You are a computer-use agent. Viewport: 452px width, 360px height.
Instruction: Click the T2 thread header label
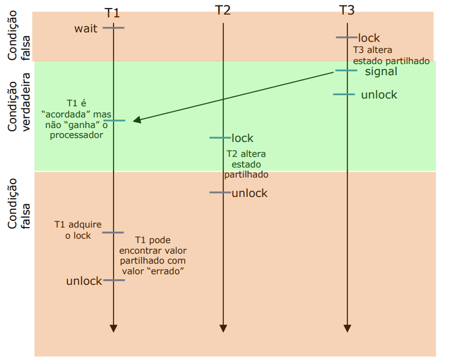223,10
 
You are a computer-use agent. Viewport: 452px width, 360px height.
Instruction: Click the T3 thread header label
346,10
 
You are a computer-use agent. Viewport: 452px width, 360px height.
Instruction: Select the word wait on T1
86,28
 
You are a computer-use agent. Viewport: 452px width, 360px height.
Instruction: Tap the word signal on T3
381,71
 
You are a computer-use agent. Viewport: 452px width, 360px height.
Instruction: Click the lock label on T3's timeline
369,38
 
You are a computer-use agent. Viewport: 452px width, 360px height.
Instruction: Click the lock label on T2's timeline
242,138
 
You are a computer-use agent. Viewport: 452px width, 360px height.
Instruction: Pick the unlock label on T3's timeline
379,95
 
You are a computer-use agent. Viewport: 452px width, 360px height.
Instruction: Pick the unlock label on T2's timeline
249,193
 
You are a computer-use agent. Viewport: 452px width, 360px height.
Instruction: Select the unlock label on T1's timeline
84,281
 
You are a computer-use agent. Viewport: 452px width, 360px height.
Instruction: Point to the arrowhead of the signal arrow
137,120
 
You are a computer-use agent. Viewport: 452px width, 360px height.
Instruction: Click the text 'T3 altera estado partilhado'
391,56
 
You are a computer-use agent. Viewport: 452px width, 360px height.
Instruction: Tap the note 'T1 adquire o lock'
78,229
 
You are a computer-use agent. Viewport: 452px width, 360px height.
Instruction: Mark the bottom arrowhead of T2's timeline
223,328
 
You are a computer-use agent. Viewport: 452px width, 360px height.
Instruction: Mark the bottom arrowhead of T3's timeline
347,328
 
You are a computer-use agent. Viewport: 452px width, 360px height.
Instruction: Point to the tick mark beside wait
114,28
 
